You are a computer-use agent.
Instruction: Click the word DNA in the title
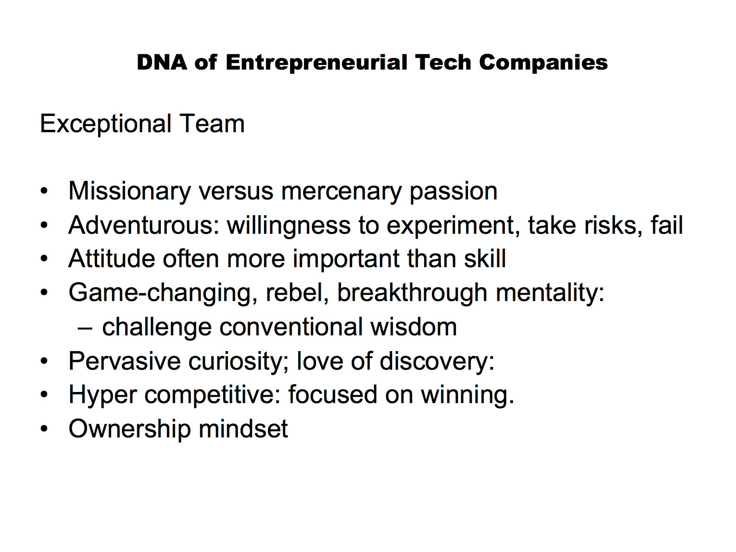[162, 62]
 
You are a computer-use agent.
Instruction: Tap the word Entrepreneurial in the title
[317, 63]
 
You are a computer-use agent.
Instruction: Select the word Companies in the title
[543, 63]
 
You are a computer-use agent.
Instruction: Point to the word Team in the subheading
[212, 124]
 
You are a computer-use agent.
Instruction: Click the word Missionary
[130, 192]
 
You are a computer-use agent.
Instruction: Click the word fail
[666, 225]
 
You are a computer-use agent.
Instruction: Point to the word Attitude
[111, 259]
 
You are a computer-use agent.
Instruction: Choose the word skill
[485, 258]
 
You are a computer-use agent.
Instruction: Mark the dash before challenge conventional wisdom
[85, 328]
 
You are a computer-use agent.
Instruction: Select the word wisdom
[414, 327]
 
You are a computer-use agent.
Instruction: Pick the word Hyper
[102, 395]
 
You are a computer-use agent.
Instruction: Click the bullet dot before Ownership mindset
[44, 429]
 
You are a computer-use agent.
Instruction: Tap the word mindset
[243, 429]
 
